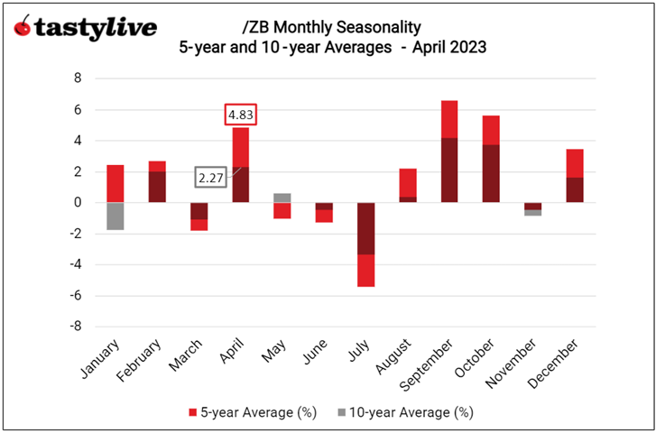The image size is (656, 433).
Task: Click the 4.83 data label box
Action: (240, 115)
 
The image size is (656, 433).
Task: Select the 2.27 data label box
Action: (211, 178)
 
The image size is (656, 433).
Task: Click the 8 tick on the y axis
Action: (79, 78)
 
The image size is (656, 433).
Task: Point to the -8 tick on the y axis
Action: (76, 327)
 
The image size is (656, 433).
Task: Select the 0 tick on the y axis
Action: (79, 203)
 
